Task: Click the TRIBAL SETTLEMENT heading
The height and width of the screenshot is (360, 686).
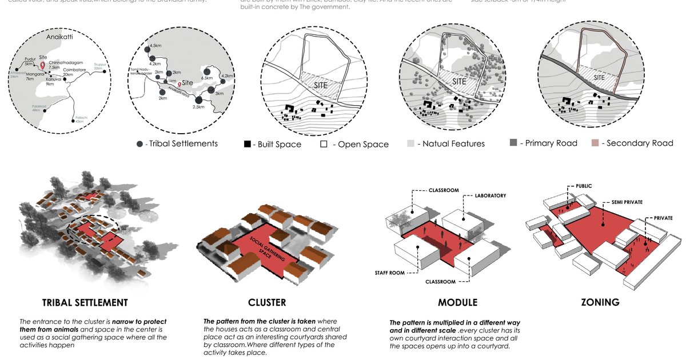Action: pyautogui.click(x=85, y=302)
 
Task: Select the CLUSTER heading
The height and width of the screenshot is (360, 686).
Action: pyautogui.click(x=267, y=302)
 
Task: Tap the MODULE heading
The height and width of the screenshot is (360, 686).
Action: pyautogui.click(x=457, y=302)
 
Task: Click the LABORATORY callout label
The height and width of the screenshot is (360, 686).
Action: pyautogui.click(x=490, y=195)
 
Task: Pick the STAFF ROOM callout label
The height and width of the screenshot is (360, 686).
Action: pyautogui.click(x=389, y=273)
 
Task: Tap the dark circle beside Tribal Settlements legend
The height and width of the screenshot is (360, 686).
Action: pyautogui.click(x=140, y=143)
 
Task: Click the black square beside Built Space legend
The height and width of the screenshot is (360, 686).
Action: pyautogui.click(x=248, y=144)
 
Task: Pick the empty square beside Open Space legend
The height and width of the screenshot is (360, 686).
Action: pyautogui.click(x=324, y=144)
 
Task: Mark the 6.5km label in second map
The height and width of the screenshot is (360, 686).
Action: pyautogui.click(x=207, y=78)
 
